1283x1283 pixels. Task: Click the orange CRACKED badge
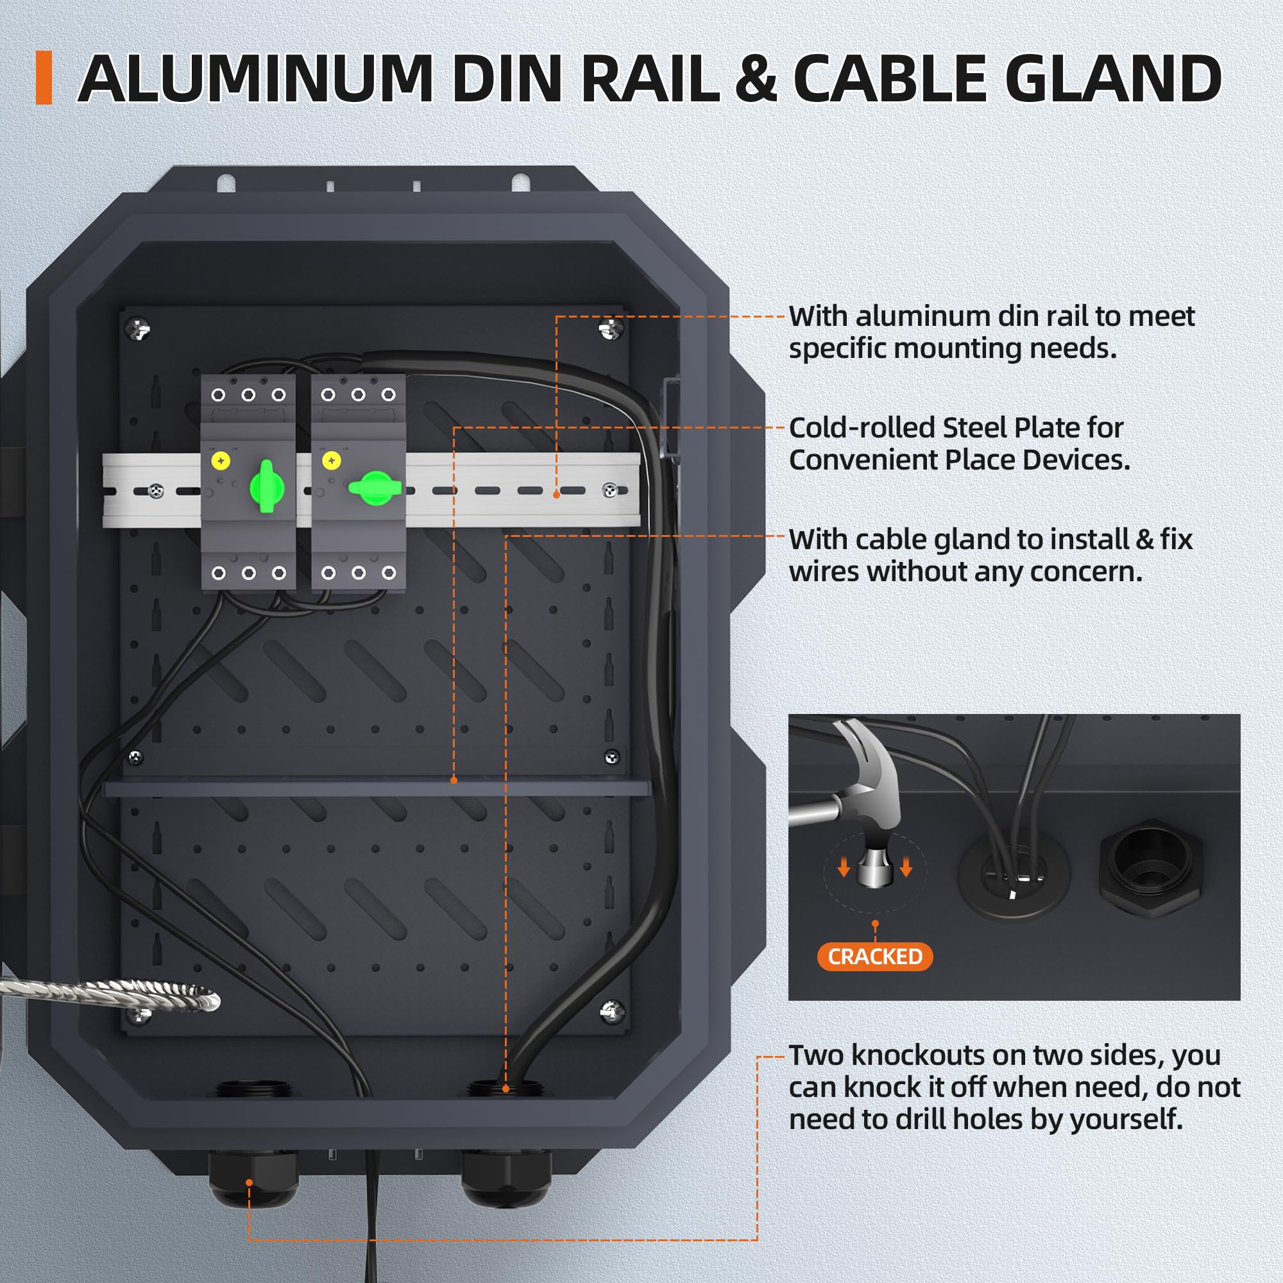[874, 956]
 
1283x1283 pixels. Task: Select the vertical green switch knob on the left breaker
[266, 486]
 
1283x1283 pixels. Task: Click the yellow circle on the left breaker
[221, 460]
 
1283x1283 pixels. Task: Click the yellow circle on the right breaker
[332, 460]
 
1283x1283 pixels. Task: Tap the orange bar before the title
[44, 78]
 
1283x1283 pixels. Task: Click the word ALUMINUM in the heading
[256, 78]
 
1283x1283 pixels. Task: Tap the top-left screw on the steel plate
[138, 327]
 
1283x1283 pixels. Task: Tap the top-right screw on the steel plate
[609, 327]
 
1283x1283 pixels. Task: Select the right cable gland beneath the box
[506, 1178]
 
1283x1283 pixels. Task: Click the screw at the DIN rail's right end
[609, 490]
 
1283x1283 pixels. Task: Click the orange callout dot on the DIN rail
[556, 495]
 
